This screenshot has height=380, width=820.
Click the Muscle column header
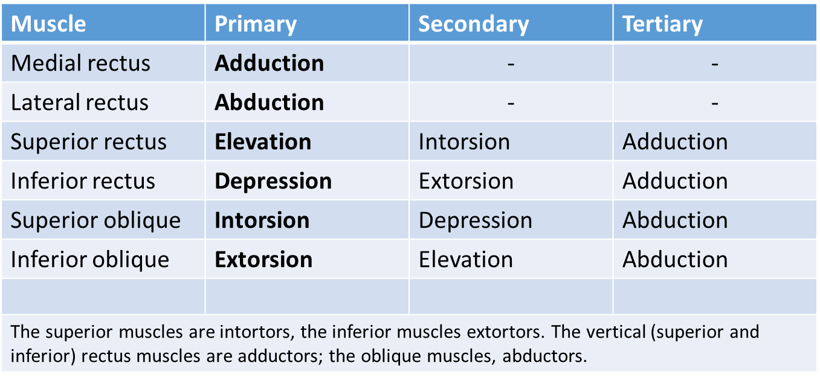pos(48,24)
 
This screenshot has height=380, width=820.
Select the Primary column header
pos(256,25)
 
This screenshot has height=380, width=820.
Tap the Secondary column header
pos(473,25)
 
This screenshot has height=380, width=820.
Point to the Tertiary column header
pos(663,25)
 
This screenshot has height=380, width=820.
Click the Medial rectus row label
pos(80,63)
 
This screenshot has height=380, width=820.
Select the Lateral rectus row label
pos(80,102)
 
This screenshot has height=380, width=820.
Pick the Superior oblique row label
pos(95,221)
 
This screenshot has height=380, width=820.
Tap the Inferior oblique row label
pos(90,260)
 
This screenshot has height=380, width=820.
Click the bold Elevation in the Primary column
pos(263,142)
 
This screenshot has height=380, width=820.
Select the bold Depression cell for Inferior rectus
pos(273,182)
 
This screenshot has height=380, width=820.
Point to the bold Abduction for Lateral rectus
pos(270,102)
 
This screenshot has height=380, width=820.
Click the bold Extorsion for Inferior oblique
pos(263,260)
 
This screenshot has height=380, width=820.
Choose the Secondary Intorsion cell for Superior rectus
pos(464,142)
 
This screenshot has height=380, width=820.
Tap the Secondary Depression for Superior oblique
pos(476,221)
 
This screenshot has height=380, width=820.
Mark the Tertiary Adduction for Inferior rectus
pos(675,181)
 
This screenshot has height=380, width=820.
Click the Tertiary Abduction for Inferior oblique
pos(675,260)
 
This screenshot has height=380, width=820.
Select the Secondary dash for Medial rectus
pos(511,65)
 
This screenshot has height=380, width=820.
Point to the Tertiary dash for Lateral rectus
pos(715,103)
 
